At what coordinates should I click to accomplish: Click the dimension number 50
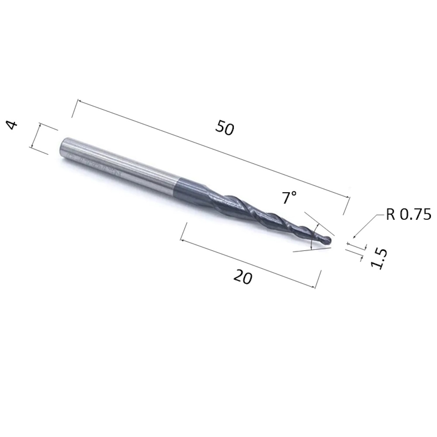[225, 128]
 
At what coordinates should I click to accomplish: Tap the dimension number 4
[12, 125]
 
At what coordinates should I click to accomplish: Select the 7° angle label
[289, 198]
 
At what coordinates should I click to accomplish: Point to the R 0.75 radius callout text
[409, 215]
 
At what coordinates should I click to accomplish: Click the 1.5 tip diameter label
[379, 259]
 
